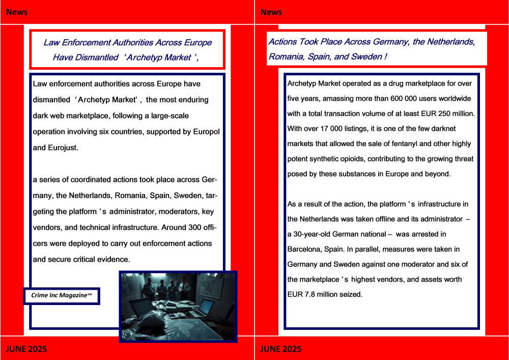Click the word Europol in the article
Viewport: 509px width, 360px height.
coord(206,132)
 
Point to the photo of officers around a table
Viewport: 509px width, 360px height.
coord(178,306)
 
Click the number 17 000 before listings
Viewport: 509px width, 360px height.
coord(341,128)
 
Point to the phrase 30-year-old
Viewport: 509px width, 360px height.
coord(316,234)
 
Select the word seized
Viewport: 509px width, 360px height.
coord(351,294)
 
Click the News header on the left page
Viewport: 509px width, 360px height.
coord(17,12)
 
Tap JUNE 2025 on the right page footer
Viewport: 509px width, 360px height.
coord(280,349)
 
